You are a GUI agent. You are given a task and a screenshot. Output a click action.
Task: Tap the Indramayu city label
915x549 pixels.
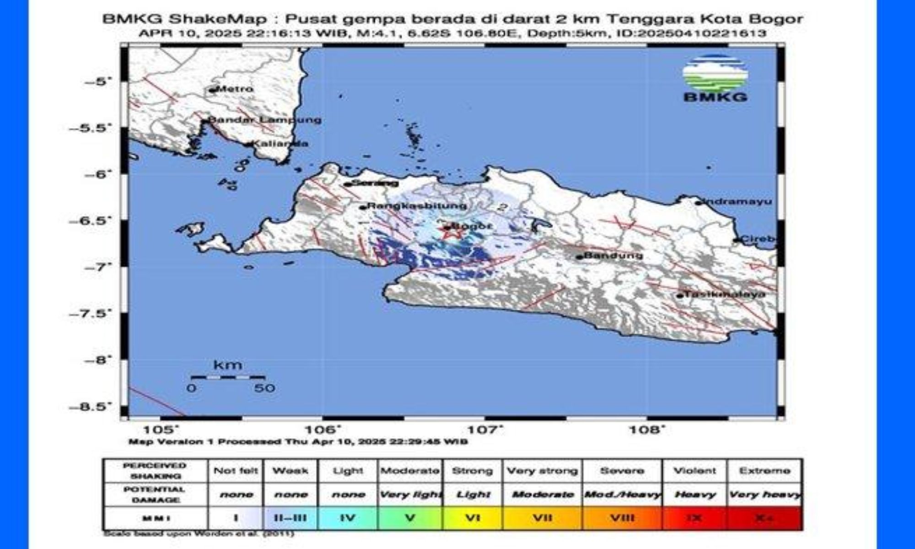tap(737, 201)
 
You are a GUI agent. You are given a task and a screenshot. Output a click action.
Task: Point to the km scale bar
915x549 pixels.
tap(228, 377)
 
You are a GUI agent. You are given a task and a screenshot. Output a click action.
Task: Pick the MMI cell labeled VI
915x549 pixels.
tap(473, 518)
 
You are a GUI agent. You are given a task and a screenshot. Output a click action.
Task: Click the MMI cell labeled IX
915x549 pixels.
tap(694, 518)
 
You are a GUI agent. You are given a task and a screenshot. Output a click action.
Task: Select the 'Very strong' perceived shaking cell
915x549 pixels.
tap(542, 471)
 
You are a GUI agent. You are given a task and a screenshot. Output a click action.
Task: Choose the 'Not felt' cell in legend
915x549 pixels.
tap(236, 471)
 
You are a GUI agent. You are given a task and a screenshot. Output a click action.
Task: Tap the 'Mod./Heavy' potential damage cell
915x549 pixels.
tap(622, 495)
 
